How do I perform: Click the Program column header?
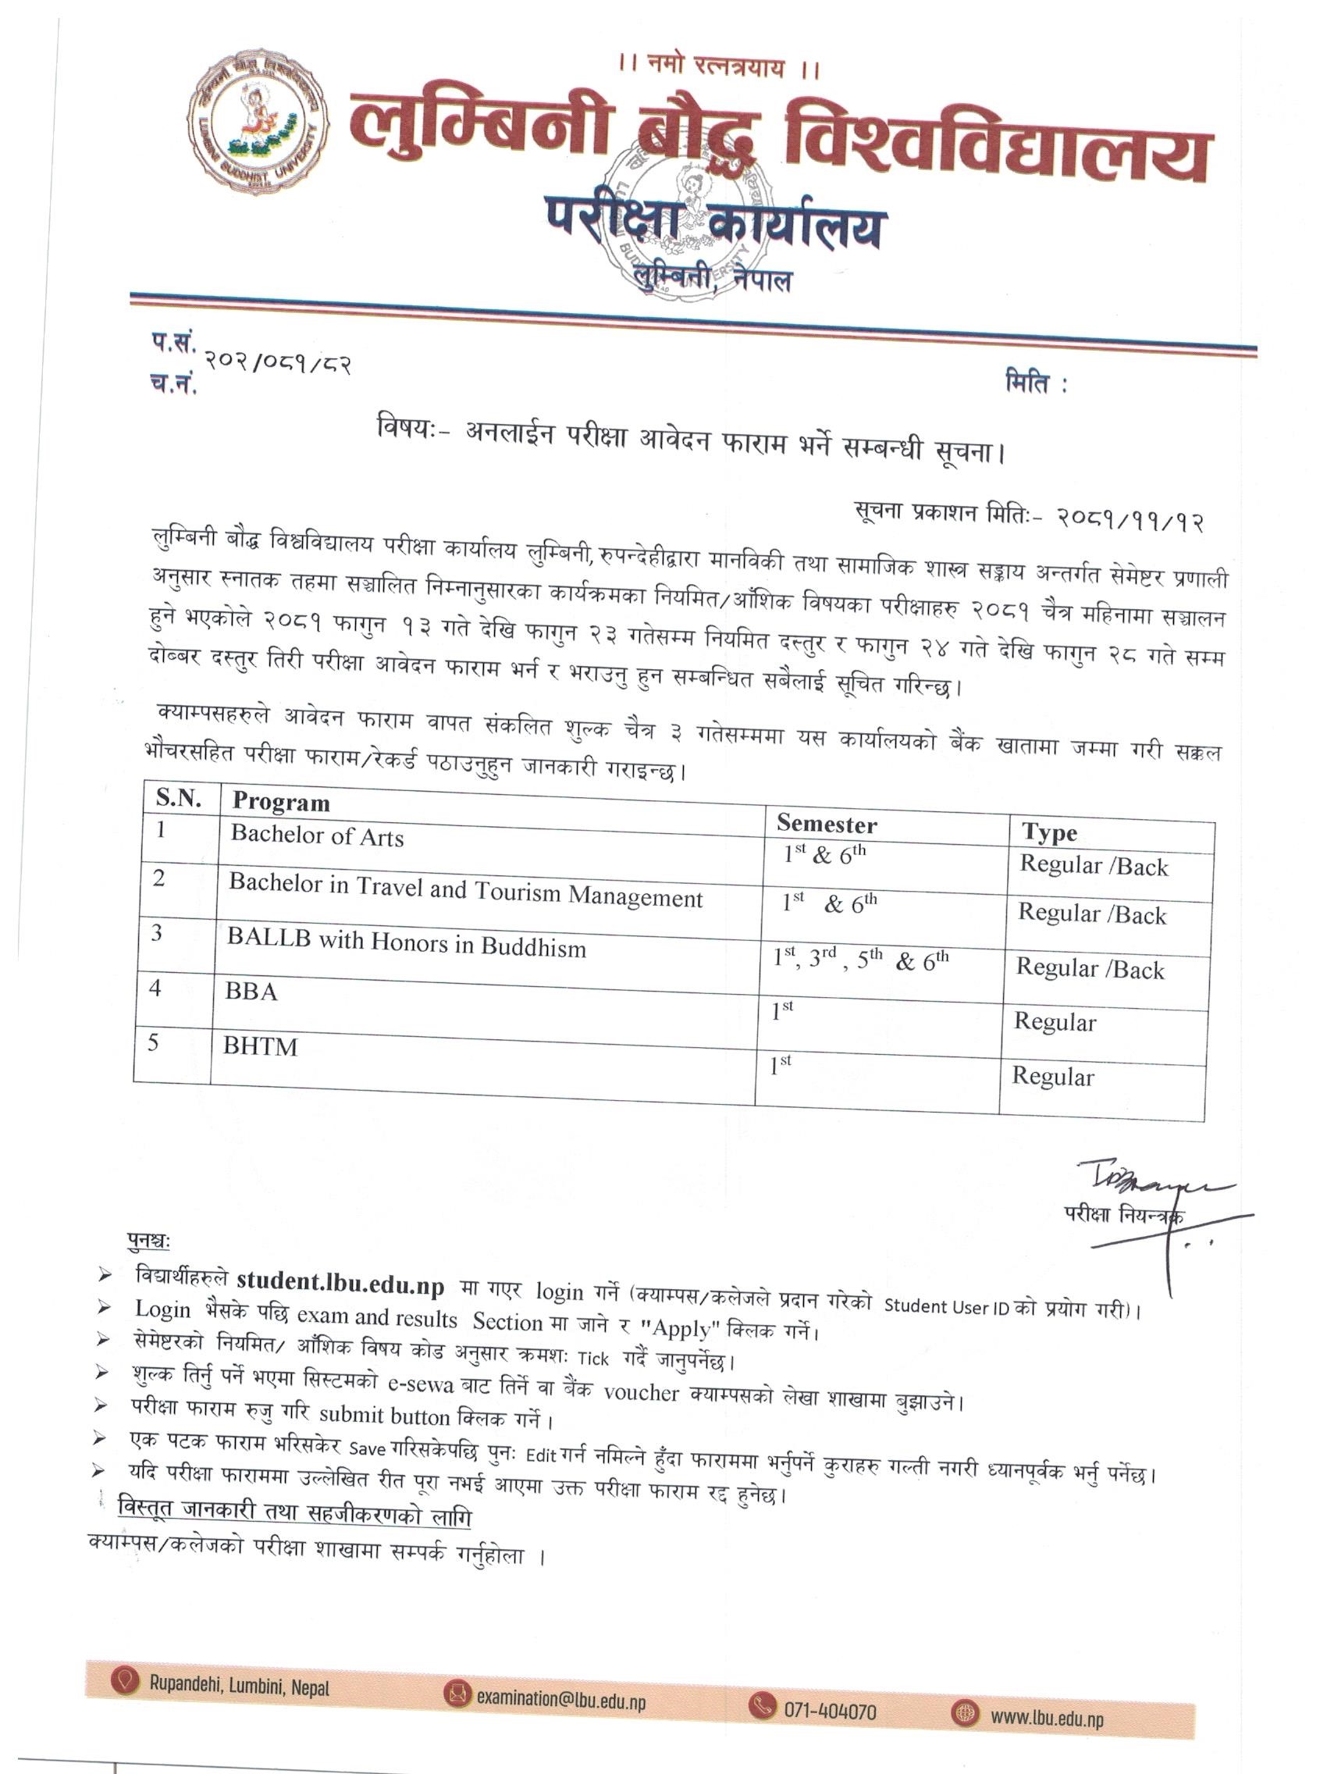(x=281, y=802)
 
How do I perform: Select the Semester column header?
(x=826, y=824)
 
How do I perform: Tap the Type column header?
(x=1049, y=832)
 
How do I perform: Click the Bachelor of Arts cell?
(x=317, y=835)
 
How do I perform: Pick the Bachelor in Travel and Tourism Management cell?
(x=465, y=890)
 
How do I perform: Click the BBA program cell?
(x=251, y=992)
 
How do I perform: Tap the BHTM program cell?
(x=260, y=1046)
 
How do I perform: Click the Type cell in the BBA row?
(x=1055, y=1022)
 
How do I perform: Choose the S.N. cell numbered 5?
(x=153, y=1042)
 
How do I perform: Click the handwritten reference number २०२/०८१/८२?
(x=277, y=363)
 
